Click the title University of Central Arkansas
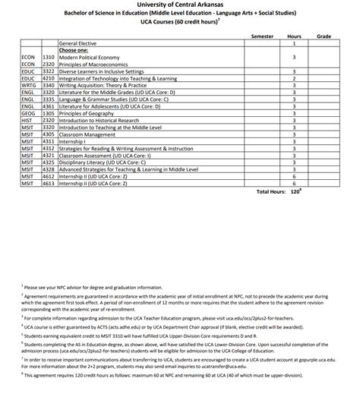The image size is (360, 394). (180, 5)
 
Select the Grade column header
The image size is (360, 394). (324, 36)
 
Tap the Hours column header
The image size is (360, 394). (294, 36)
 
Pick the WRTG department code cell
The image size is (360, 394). (30, 85)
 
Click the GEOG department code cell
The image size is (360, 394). (30, 113)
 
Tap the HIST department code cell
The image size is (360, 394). (28, 120)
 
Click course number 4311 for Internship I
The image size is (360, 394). (49, 141)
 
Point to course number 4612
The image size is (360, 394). (49, 176)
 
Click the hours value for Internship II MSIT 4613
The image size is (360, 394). (294, 183)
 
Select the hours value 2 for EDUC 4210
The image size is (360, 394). (294, 78)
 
